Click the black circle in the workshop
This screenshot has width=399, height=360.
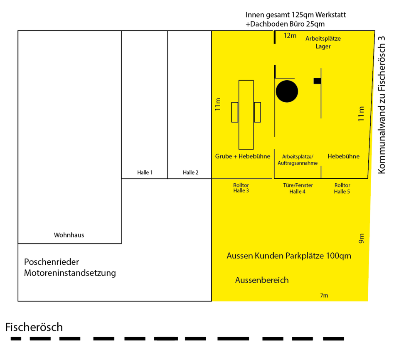click(x=287, y=91)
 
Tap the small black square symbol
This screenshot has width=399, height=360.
click(x=317, y=81)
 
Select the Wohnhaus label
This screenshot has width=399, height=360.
click(x=69, y=235)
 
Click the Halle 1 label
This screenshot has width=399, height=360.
click(x=145, y=173)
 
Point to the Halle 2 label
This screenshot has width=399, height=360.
click(x=191, y=173)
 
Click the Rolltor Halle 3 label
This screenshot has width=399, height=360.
click(x=242, y=188)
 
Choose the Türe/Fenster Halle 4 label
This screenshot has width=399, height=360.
click(x=298, y=188)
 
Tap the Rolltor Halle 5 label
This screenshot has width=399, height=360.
click(x=342, y=188)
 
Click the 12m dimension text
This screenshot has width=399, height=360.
click(x=290, y=36)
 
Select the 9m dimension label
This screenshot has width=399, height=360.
click(x=361, y=238)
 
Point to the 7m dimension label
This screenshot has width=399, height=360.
click(x=324, y=296)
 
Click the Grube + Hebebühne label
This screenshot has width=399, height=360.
click(x=243, y=156)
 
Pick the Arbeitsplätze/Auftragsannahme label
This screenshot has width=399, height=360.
click(x=298, y=160)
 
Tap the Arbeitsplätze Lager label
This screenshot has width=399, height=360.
click(x=323, y=42)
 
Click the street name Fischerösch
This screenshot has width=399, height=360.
click(x=34, y=327)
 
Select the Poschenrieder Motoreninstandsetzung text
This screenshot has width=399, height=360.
click(x=70, y=268)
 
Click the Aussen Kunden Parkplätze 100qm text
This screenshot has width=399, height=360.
click(x=289, y=256)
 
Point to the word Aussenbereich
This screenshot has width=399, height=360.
click(x=262, y=280)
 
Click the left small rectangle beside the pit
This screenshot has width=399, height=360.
click(x=235, y=112)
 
